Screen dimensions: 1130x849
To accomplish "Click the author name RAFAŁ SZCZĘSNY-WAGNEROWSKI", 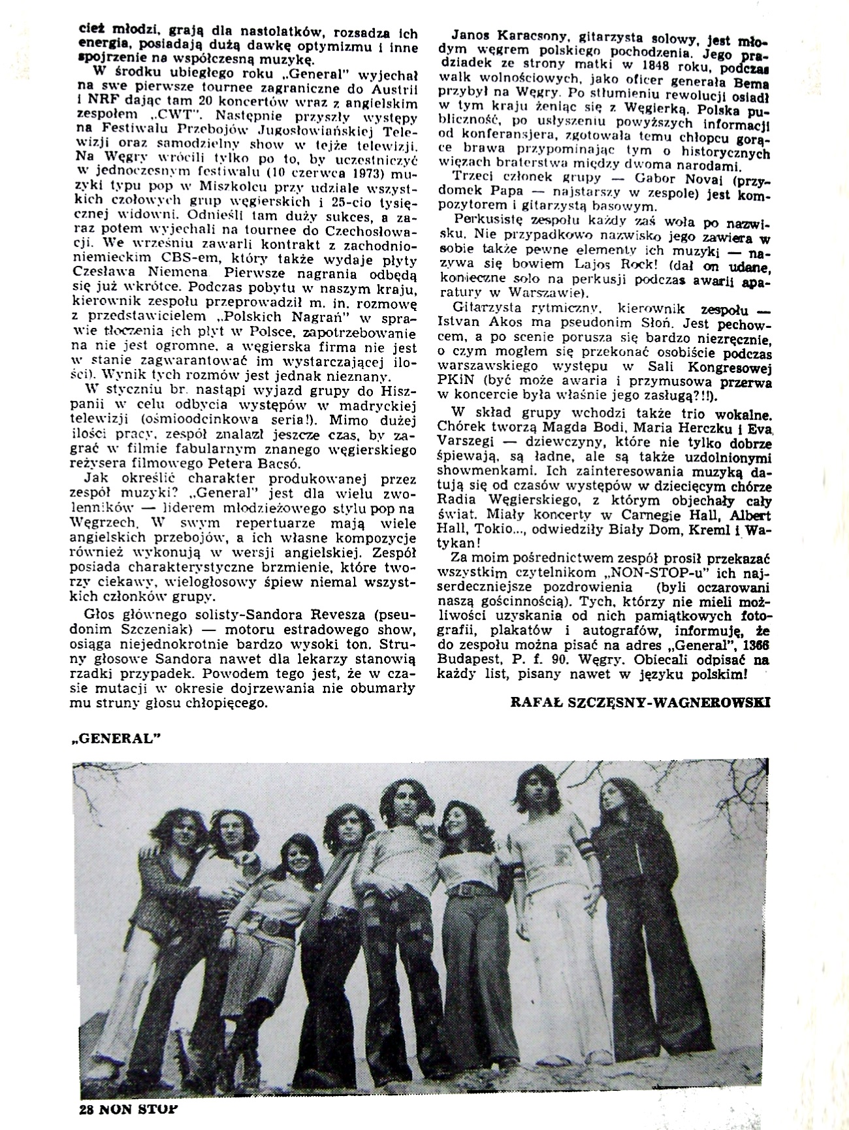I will click(632, 702).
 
